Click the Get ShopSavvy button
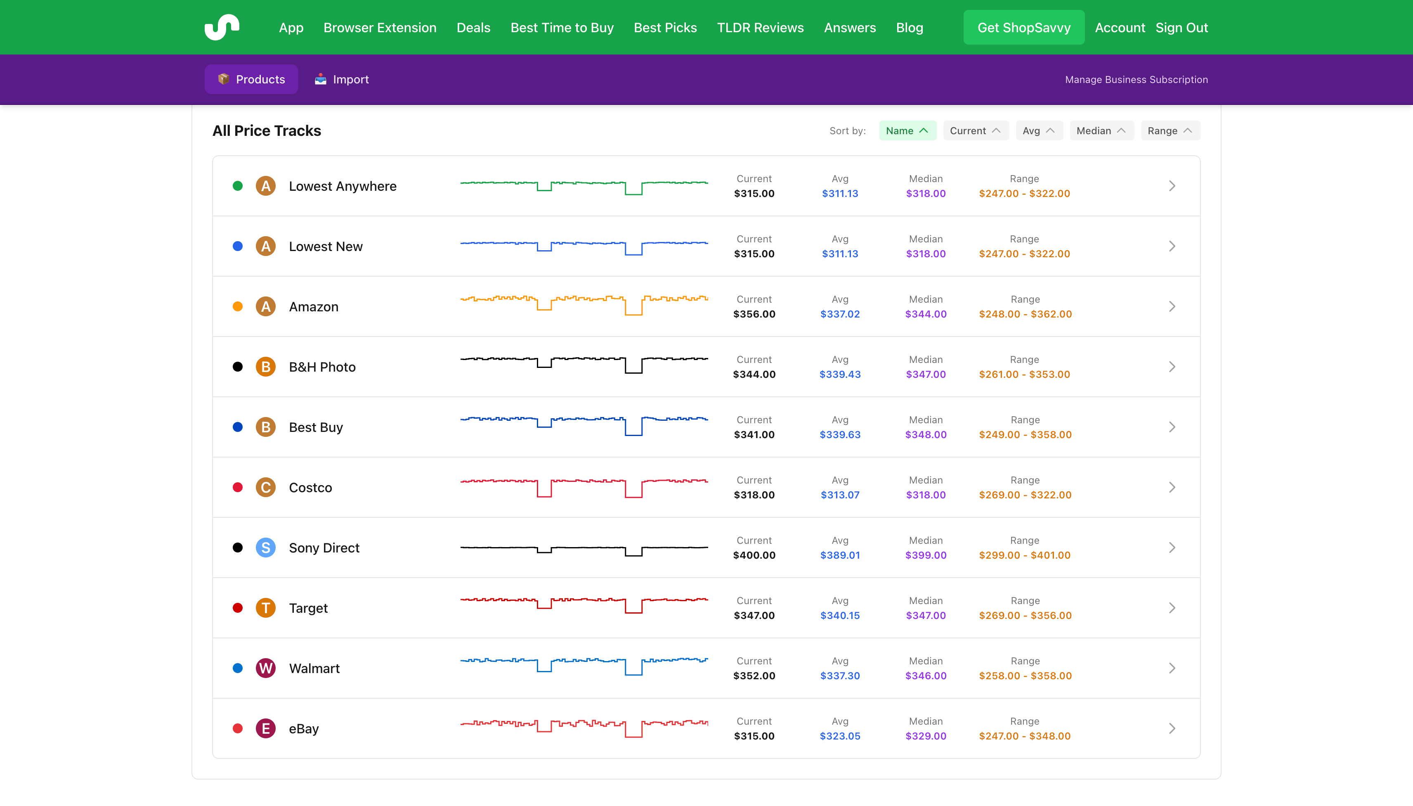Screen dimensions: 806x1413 point(1023,28)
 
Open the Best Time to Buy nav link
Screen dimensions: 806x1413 point(562,28)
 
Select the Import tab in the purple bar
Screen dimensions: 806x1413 point(342,79)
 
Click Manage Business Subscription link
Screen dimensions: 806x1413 point(1136,80)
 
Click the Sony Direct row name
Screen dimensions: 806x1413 point(324,548)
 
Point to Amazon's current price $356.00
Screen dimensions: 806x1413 point(754,314)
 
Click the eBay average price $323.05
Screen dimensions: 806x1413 point(839,736)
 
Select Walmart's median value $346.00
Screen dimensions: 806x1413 point(926,676)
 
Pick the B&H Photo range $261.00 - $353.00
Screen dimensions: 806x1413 point(1024,374)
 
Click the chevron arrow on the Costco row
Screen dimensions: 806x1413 point(1172,487)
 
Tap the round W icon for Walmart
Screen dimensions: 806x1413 point(266,668)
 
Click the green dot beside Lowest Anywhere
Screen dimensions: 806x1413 point(238,186)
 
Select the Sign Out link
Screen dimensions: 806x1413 point(1181,28)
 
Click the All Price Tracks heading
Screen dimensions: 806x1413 point(267,130)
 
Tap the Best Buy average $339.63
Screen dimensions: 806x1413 point(839,434)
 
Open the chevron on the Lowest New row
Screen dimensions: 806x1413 point(1172,247)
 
